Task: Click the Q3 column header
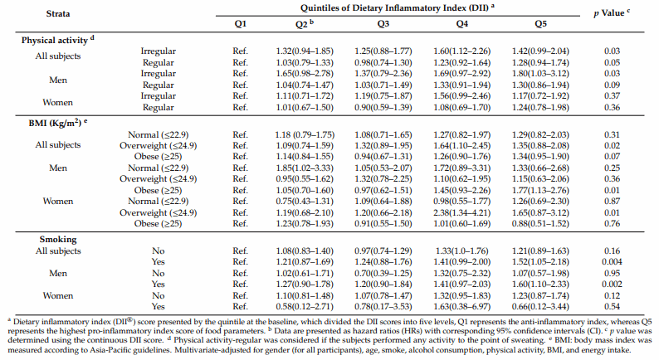pos(383,24)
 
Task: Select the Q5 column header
pos(540,24)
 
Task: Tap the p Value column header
pos(612,13)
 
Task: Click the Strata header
pos(58,13)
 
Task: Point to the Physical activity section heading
pos(58,40)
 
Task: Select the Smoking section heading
pos(58,240)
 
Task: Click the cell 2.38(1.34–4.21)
pos(462,212)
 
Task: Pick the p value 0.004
pos(612,261)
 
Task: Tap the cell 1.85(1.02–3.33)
pos(305,168)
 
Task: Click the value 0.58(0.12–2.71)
pos(305,307)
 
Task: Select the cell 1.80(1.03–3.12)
pos(540,74)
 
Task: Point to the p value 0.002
pos(612,285)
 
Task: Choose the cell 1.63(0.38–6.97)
pos(462,307)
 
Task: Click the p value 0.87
pos(612,202)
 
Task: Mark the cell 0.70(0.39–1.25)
pos(383,274)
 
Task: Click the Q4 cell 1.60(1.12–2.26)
pos(462,51)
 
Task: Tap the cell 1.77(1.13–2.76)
pos(540,190)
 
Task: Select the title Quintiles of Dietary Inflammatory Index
pos(394,8)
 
